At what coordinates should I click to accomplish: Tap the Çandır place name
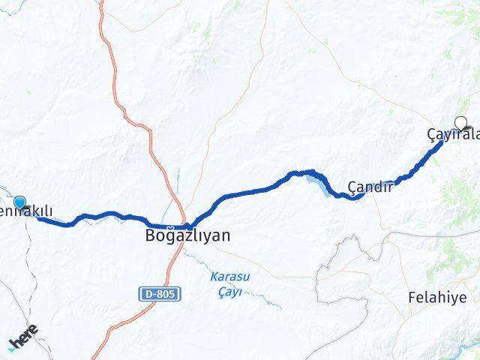(370, 187)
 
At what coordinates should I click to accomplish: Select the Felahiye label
(436, 298)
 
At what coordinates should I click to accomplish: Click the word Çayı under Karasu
(231, 291)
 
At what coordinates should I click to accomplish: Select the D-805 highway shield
(161, 295)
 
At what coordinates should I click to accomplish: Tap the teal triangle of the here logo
(13, 346)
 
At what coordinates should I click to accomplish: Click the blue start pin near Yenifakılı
(19, 202)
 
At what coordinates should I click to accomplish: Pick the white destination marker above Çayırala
(461, 123)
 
